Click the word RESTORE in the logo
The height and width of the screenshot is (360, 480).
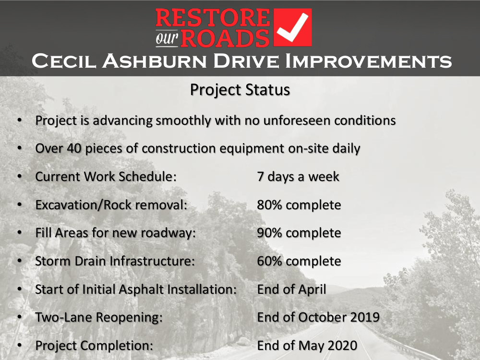213,18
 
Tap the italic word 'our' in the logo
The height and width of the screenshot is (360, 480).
167,38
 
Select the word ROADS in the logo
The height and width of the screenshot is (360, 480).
225,38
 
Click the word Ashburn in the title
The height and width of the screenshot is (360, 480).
155,61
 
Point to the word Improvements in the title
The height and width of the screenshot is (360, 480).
368,61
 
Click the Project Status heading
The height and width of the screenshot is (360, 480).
240,90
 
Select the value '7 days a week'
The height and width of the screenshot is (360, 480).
298,177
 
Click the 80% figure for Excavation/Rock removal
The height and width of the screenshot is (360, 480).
269,205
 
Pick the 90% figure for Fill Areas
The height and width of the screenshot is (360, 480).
269,233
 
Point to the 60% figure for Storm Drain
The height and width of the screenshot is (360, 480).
269,261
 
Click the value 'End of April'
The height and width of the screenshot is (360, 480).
292,289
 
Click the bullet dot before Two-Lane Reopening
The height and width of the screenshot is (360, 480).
20,317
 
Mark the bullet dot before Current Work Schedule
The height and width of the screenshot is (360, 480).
20,176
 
